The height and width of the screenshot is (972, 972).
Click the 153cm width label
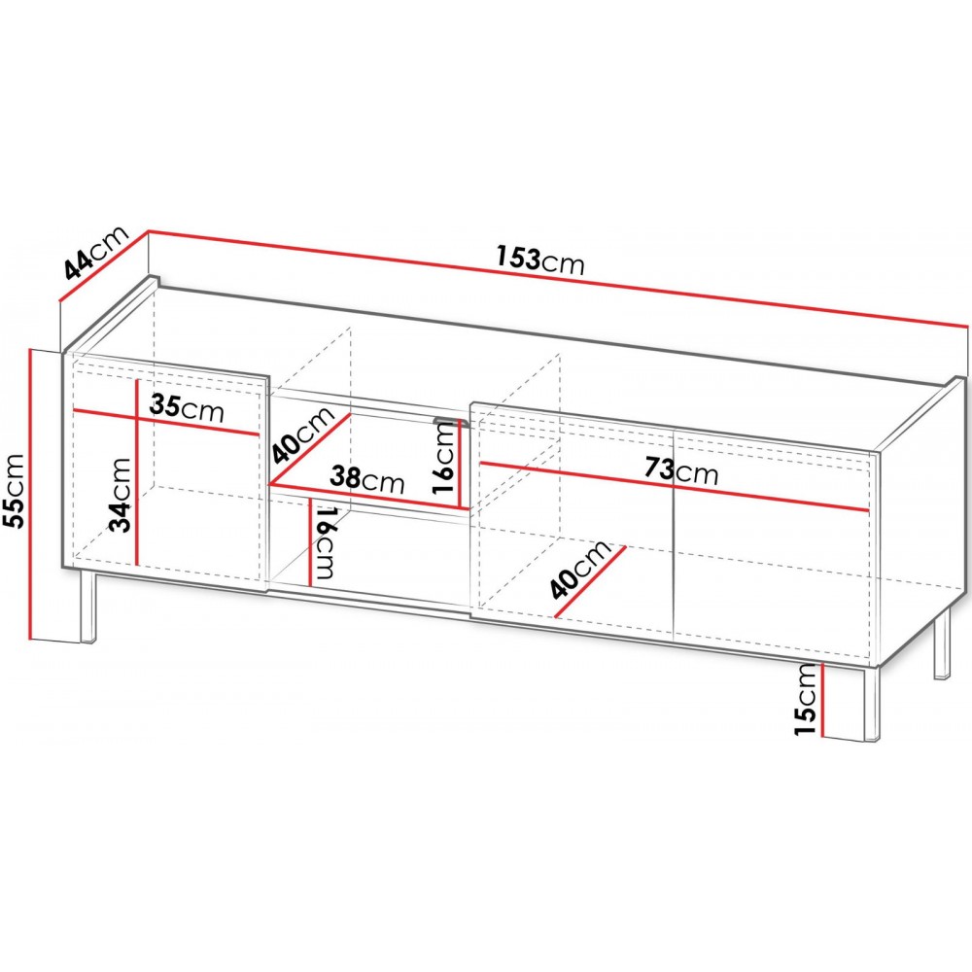coord(539,260)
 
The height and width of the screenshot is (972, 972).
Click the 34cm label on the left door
coord(121,495)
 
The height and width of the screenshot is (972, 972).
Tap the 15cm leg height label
coord(806,699)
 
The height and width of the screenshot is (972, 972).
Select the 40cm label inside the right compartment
coord(580,569)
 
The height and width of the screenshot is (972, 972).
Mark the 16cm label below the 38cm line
coord(326,541)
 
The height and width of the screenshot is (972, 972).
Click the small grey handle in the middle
coord(452,422)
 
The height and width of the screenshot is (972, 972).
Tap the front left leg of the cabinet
coord(88,607)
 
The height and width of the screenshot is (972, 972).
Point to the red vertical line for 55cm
coord(30,494)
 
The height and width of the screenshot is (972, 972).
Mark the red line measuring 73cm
coord(676,486)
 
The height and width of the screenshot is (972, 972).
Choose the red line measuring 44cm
coord(103,265)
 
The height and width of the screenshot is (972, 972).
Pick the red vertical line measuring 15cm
coord(822,699)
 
